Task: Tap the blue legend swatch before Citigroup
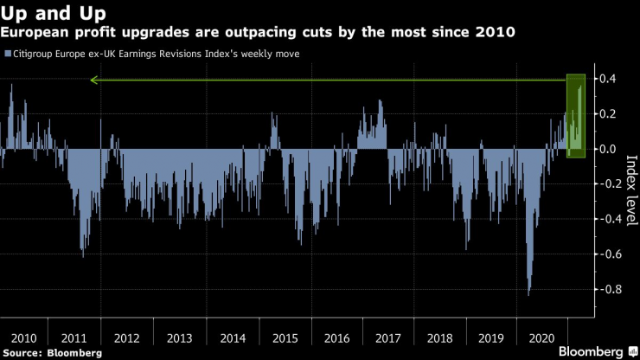click(7, 54)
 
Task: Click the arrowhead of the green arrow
click(93, 80)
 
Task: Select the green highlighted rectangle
click(576, 115)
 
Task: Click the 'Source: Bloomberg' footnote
click(52, 353)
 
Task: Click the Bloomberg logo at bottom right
click(591, 351)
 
